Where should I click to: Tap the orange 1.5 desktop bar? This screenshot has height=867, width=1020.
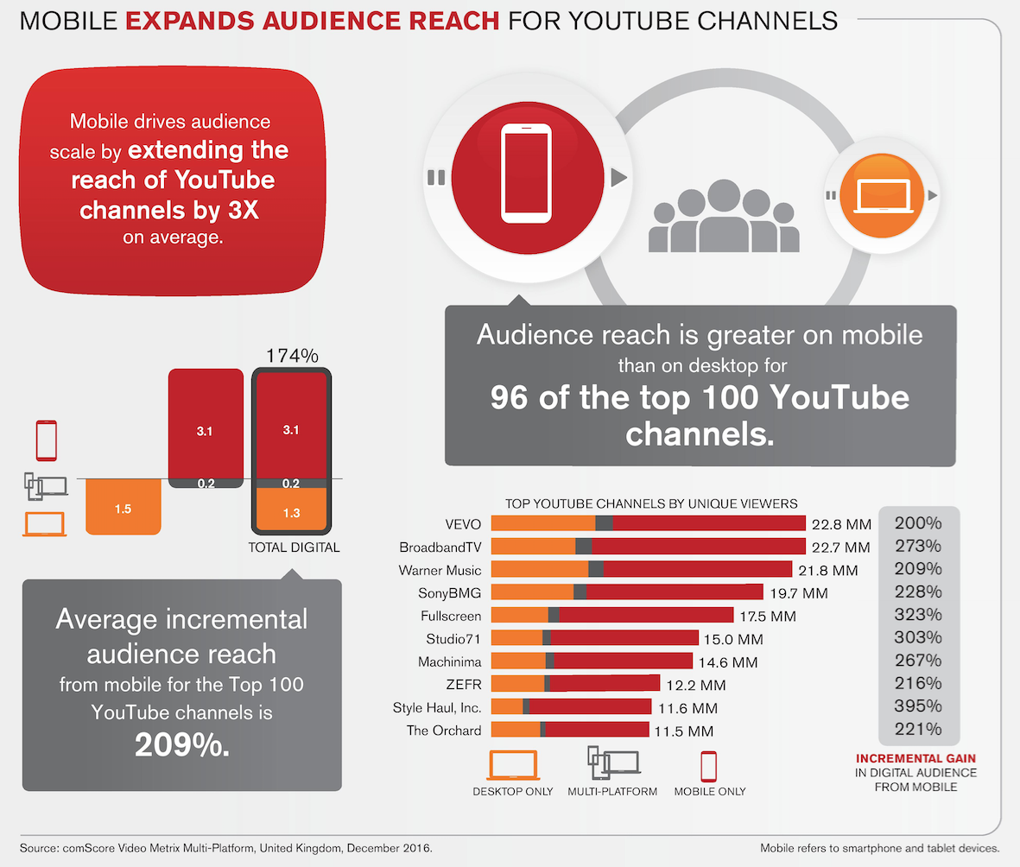[x=123, y=509]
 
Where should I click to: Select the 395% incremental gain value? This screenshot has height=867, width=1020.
[x=917, y=706]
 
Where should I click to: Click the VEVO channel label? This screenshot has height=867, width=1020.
[x=462, y=523]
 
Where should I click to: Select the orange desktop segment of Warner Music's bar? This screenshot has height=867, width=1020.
[x=539, y=569]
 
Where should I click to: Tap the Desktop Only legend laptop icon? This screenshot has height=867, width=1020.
[x=514, y=765]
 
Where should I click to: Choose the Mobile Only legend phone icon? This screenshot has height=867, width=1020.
[x=708, y=765]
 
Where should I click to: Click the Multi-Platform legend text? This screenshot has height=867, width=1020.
[x=612, y=791]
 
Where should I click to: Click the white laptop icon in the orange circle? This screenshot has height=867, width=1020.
[x=877, y=196]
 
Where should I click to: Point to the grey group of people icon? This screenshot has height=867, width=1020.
[x=725, y=215]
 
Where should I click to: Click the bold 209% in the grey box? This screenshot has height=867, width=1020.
[x=182, y=745]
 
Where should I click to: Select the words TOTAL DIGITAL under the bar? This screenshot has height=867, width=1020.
[x=294, y=547]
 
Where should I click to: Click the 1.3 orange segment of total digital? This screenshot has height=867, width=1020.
[x=290, y=513]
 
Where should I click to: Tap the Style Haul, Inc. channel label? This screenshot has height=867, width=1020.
[x=437, y=707]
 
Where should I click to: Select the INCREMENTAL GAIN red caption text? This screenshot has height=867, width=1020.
[x=915, y=758]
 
